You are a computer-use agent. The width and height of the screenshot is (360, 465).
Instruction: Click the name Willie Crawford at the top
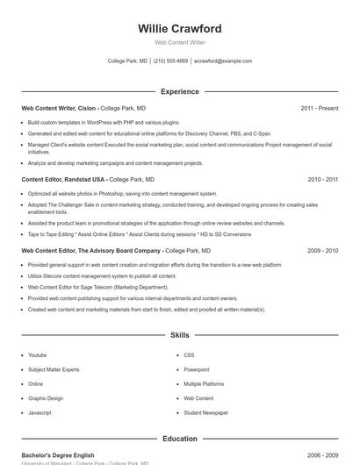click(179, 29)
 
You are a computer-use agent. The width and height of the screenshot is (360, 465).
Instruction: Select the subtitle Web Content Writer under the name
click(179, 43)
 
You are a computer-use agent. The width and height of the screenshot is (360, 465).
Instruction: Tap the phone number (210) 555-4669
click(170, 61)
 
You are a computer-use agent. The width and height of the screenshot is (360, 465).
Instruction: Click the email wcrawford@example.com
click(223, 61)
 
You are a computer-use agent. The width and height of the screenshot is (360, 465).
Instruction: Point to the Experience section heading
click(179, 91)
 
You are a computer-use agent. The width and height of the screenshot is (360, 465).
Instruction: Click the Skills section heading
click(179, 335)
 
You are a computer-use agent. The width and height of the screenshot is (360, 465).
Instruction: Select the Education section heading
click(179, 439)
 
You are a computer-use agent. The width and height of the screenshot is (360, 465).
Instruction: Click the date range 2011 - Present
click(319, 108)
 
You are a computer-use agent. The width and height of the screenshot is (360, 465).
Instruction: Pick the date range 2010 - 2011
click(322, 179)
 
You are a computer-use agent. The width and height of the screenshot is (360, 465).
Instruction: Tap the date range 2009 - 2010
click(322, 250)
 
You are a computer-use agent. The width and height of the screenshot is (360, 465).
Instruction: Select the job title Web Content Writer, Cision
click(58, 108)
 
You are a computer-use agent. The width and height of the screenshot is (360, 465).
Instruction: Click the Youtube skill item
click(37, 355)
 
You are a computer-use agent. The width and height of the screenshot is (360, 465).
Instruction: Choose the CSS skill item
click(189, 355)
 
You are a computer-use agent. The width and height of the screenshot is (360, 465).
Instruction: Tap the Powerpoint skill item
click(197, 369)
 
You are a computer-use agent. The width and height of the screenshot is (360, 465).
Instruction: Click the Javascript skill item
click(40, 412)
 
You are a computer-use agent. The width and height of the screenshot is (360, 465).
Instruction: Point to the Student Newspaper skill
click(205, 412)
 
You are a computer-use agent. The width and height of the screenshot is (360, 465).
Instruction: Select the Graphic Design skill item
click(46, 398)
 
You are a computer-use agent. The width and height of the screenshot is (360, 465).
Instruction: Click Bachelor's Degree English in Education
click(58, 455)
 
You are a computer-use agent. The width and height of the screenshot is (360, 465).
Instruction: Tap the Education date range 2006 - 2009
click(322, 455)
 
